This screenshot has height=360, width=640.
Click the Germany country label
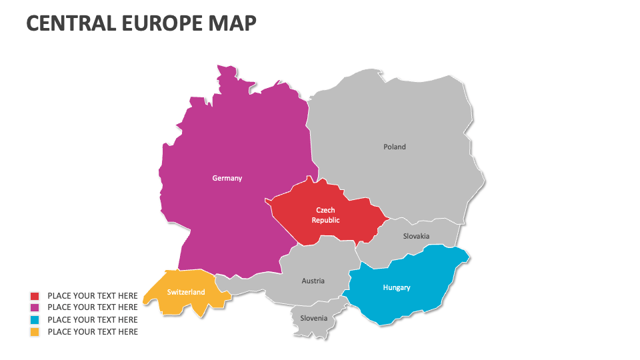point(227,178)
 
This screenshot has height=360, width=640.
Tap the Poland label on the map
point(394,147)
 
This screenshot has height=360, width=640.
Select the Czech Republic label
point(325,215)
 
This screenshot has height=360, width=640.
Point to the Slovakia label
point(416,236)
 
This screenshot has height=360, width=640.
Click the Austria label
point(313,281)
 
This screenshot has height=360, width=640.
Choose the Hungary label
point(396,287)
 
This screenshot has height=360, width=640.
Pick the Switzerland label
point(186,292)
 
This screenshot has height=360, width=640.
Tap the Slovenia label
point(313,318)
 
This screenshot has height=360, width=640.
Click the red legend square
point(35,296)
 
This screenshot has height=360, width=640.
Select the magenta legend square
point(35,308)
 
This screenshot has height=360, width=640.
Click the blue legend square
point(35,320)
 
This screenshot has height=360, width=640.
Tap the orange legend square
point(35,332)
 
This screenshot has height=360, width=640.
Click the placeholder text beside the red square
point(93,296)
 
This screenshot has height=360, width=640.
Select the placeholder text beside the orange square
point(93,332)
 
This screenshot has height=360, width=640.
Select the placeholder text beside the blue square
point(93,320)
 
